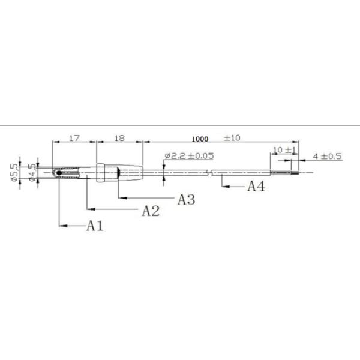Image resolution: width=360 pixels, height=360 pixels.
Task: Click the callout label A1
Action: coord(95,226)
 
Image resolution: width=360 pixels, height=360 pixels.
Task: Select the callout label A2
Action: coord(151,211)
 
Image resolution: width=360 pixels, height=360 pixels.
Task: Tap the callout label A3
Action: coord(187,199)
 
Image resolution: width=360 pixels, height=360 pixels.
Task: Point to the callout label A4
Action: coord(256,186)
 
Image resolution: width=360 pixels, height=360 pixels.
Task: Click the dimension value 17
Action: coord(74,138)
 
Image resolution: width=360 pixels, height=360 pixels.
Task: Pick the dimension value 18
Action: coord(119,138)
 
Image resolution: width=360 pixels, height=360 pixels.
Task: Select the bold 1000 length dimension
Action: coord(200,139)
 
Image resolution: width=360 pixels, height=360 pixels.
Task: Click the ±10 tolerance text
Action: coord(232,138)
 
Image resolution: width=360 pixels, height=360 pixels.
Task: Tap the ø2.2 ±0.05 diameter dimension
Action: coord(190,156)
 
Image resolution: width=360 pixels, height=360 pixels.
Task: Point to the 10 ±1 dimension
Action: coord(284,150)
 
